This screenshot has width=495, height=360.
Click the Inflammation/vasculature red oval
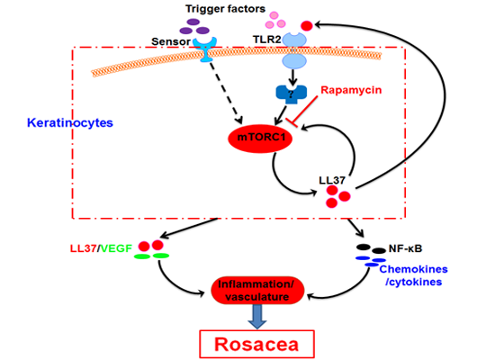(x=259, y=291)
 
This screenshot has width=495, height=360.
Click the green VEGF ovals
(x=150, y=256)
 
